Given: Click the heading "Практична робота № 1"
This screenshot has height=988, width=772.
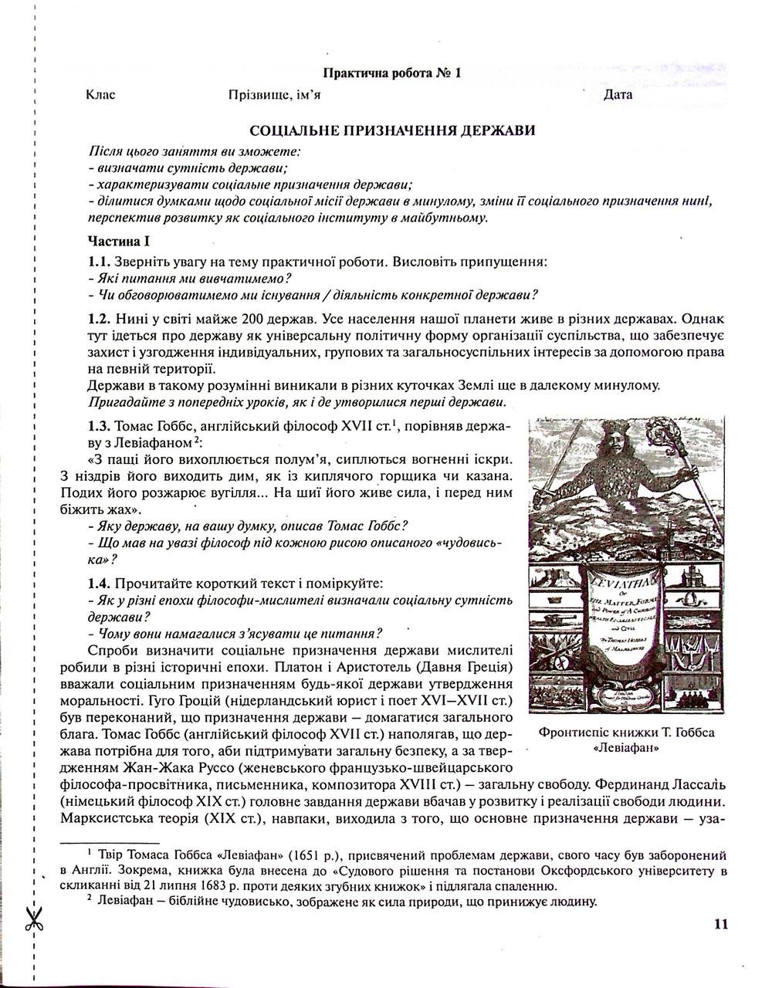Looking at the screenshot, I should tap(393, 74).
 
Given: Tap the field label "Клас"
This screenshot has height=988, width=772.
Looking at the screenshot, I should tap(100, 95).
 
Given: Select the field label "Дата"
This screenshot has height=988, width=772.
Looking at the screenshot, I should tap(618, 95).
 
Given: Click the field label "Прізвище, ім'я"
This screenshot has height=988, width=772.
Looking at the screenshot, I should tap(275, 95).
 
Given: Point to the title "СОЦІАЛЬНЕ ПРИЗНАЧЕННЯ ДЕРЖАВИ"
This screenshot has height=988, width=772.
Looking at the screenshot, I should tap(392, 130).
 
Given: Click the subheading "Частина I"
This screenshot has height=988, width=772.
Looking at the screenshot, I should tap(120, 240).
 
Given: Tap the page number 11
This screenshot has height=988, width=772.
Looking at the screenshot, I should tap(721, 925).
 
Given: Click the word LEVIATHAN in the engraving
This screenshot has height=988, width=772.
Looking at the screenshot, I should tap(617, 578).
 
